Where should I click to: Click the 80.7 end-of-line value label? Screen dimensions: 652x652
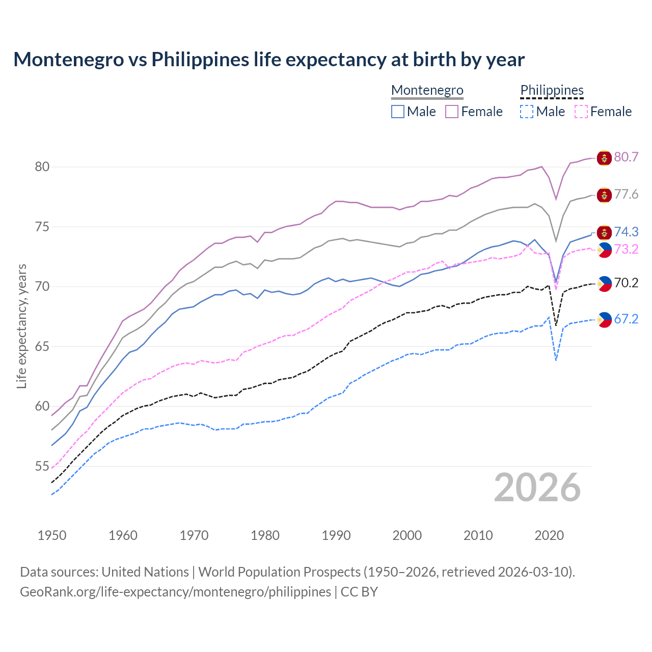(x=626, y=157)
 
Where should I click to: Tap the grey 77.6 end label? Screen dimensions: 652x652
(x=626, y=195)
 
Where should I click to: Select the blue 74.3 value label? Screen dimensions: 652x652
(x=626, y=232)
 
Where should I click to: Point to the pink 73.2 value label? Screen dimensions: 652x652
(x=626, y=249)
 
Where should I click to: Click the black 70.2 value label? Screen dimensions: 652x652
(x=626, y=283)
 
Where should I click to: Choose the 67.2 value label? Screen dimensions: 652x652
(x=626, y=319)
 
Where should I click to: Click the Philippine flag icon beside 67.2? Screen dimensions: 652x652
(x=604, y=320)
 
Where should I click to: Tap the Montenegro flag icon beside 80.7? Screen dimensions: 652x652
(x=604, y=158)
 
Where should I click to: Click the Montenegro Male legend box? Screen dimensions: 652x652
(x=398, y=112)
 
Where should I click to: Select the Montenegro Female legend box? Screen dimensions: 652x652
(x=452, y=112)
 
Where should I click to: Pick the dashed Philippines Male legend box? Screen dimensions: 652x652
(x=527, y=112)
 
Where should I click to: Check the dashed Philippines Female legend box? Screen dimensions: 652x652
(x=581, y=112)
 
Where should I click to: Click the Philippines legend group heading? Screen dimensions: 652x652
(x=552, y=90)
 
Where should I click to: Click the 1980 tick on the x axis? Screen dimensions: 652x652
(x=265, y=535)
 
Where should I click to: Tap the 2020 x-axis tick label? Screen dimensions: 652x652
(x=549, y=535)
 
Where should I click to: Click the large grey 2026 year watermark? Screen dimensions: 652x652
(x=537, y=487)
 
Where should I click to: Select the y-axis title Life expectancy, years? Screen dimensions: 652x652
(x=21, y=326)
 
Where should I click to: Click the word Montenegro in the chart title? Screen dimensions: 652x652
(x=68, y=60)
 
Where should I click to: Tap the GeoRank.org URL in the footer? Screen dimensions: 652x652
(x=175, y=592)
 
